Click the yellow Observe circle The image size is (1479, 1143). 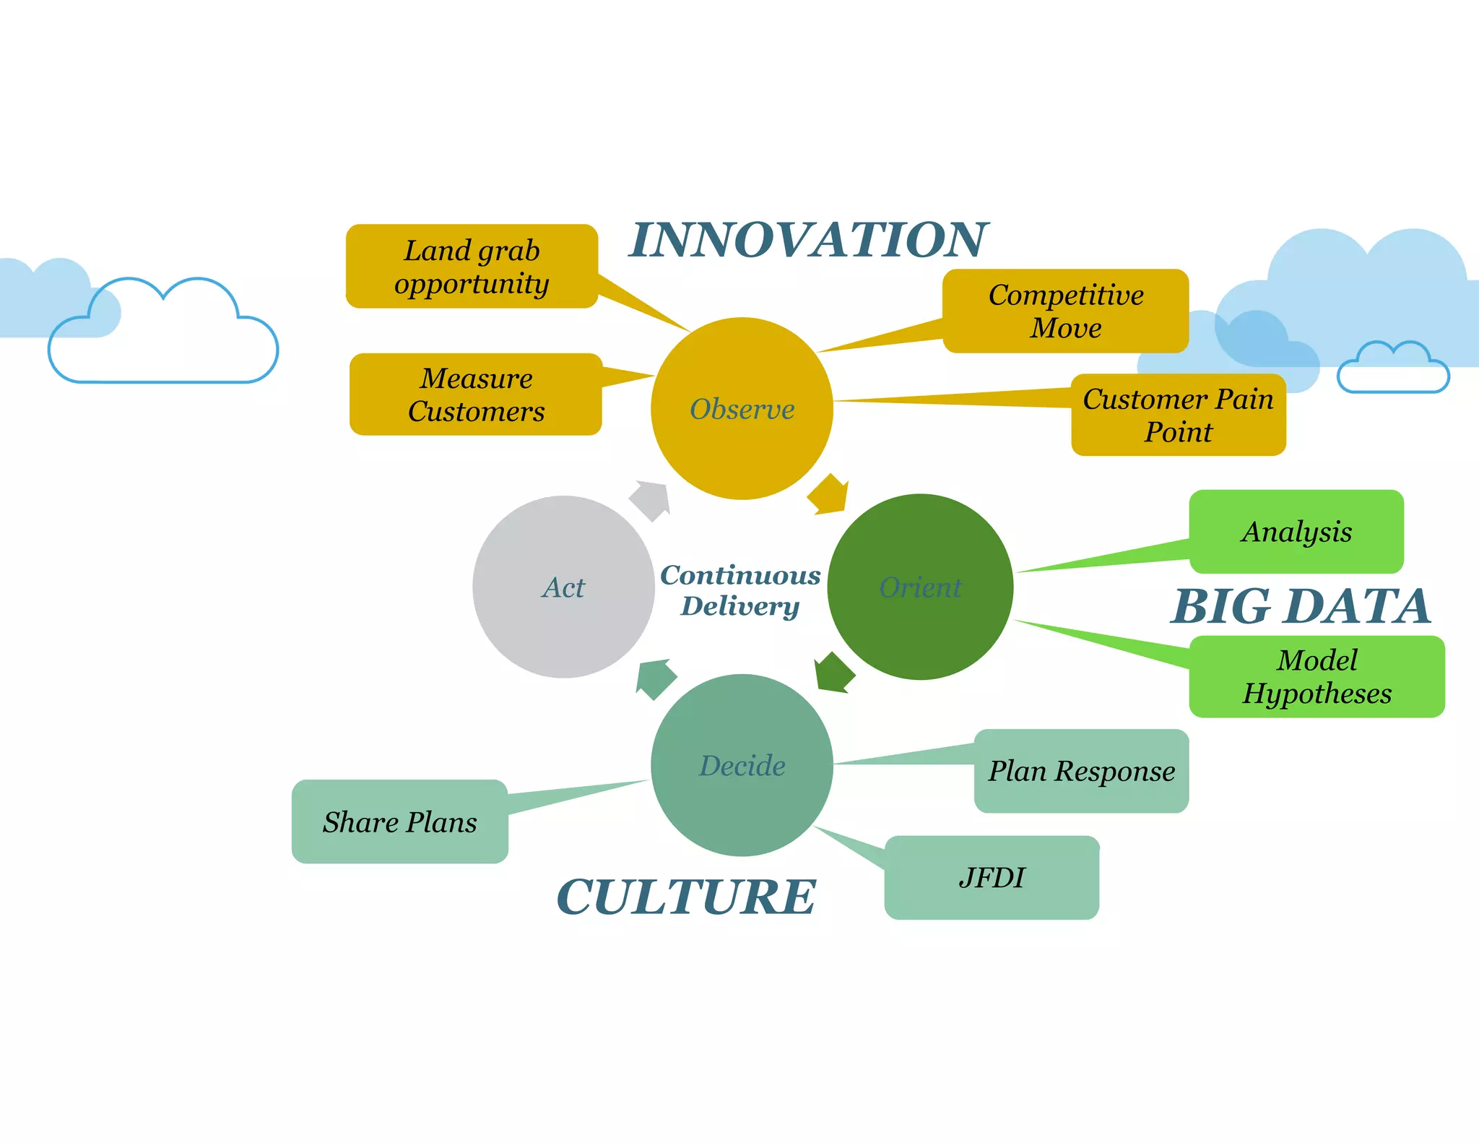742,408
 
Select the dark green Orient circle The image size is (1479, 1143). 920,587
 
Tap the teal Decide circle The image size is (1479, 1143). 742,765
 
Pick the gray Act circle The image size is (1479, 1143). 563,587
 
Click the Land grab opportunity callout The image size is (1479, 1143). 472,267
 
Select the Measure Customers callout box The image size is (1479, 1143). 476,394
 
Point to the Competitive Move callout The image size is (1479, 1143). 1065,311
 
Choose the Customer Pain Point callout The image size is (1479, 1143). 1178,415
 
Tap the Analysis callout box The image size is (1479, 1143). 1296,532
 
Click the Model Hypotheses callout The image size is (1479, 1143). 1317,676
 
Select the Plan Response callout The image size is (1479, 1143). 1081,771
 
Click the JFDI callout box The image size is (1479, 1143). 992,877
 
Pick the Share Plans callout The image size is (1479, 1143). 399,821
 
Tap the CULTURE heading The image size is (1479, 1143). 686,897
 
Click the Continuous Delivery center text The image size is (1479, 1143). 740,590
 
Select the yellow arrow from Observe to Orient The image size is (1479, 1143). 828,496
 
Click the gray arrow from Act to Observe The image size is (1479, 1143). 651,499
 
